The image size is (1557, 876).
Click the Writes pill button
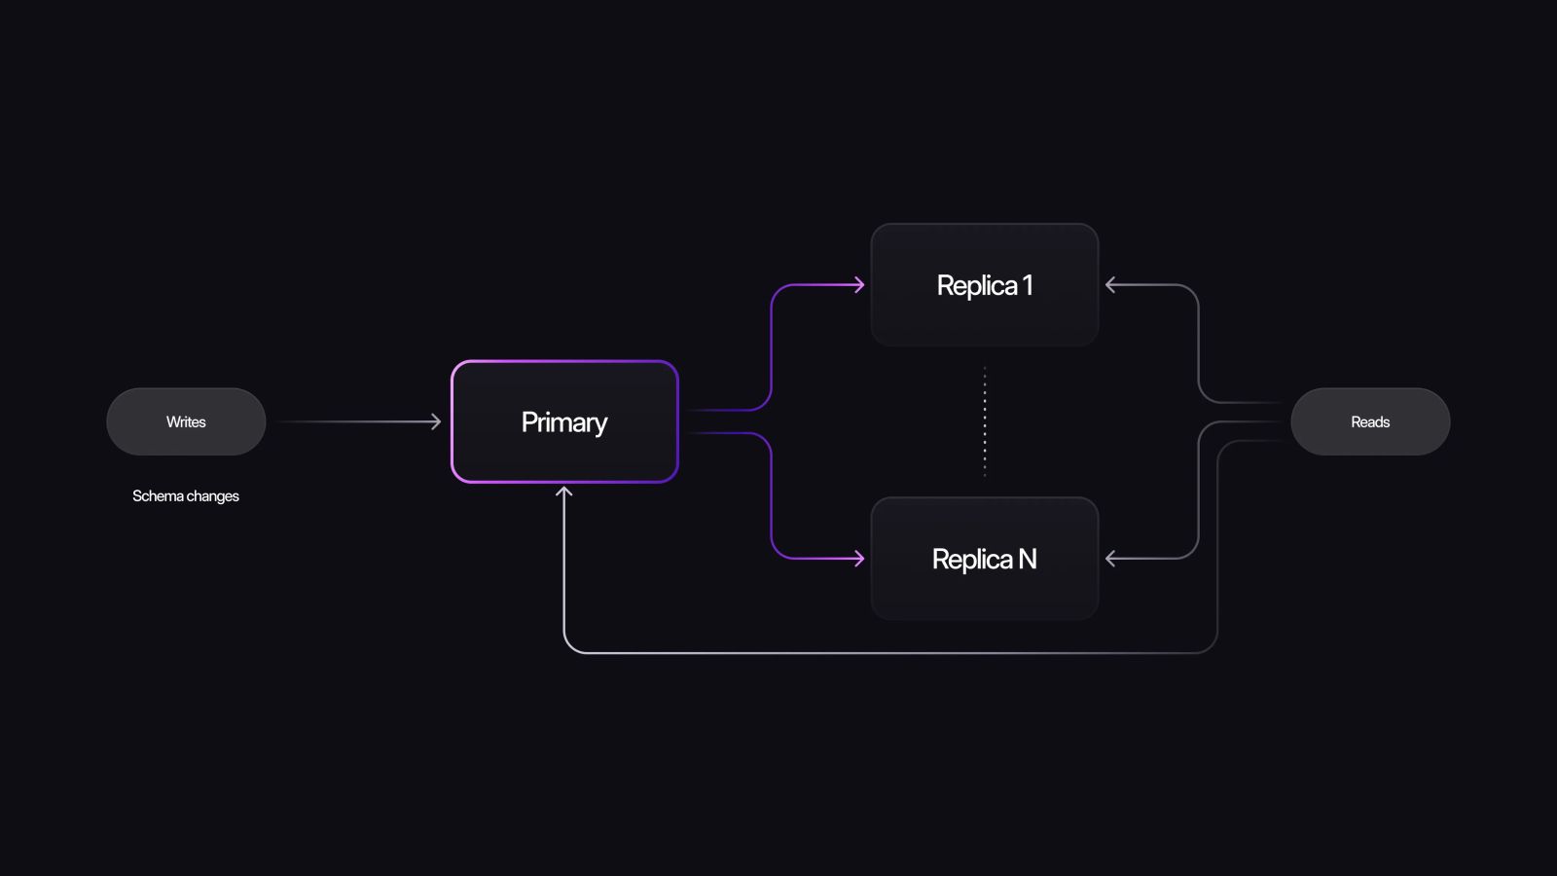[x=186, y=421]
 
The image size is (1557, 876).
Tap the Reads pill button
[x=1370, y=421]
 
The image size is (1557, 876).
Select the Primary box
[x=564, y=421]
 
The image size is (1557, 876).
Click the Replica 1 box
[x=985, y=285]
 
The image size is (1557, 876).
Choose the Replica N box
[x=985, y=559]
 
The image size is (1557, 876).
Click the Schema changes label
[x=186, y=496]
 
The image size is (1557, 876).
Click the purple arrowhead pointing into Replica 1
[x=859, y=285]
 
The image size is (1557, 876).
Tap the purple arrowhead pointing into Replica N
[x=859, y=559]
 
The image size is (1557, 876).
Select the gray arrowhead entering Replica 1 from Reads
[x=1110, y=285]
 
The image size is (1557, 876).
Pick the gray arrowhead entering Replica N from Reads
[x=1110, y=559]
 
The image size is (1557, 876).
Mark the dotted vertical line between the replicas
[x=985, y=421]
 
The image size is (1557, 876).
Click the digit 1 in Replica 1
[x=1028, y=285]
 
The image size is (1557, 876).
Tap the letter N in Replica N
[x=1028, y=559]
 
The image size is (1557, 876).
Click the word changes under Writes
[x=213, y=496]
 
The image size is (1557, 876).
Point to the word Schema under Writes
[x=158, y=496]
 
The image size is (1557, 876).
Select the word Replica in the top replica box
[x=976, y=285]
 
